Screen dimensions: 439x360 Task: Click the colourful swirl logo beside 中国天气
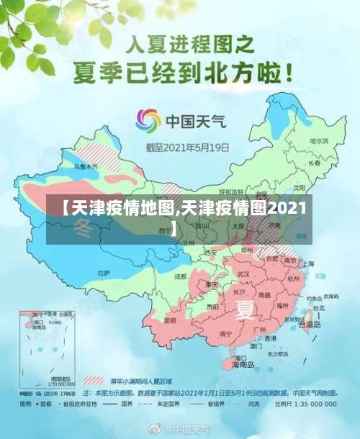coord(149,121)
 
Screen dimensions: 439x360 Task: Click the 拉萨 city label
coord(104,273)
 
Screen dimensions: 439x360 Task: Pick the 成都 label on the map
coord(180,276)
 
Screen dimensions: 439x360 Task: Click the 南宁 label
coord(225,334)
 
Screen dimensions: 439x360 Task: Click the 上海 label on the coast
coord(307,263)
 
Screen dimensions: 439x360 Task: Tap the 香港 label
coord(271,338)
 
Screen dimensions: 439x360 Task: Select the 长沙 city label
coord(239,292)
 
